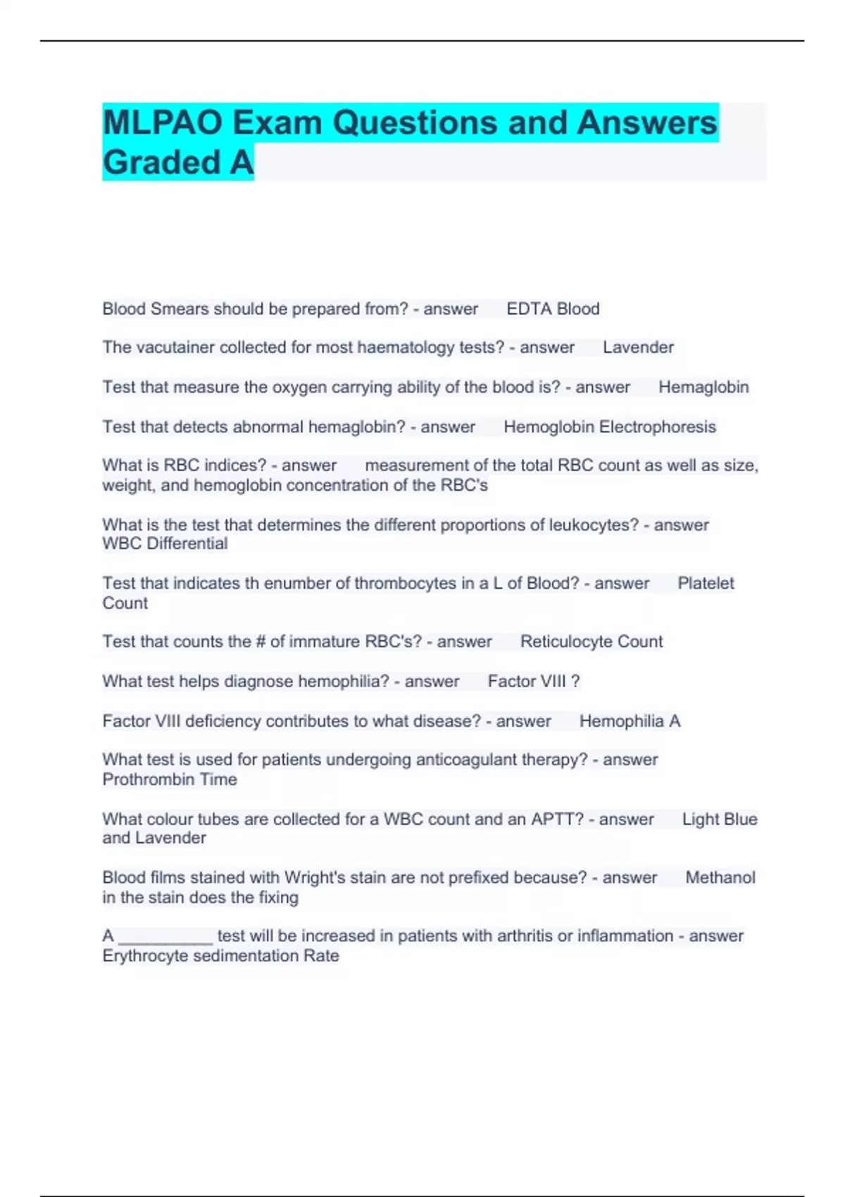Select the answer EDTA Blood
click(x=553, y=309)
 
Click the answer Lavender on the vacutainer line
click(x=638, y=347)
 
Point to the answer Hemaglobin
click(x=703, y=387)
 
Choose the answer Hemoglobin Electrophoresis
click(x=609, y=427)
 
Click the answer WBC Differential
click(x=165, y=544)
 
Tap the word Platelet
click(x=706, y=583)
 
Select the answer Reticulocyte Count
click(x=591, y=641)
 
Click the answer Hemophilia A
click(x=630, y=721)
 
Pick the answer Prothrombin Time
click(x=170, y=779)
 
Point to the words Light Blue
click(x=720, y=819)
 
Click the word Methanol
click(x=720, y=877)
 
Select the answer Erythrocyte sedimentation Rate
click(x=220, y=955)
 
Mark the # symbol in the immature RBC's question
click(x=261, y=641)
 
